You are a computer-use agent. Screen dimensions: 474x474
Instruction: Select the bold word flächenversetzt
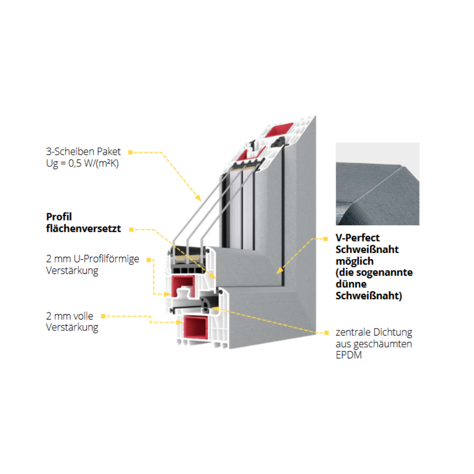pyautogui.click(x=83, y=229)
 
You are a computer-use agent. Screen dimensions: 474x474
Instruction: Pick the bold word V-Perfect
pyautogui.click(x=357, y=238)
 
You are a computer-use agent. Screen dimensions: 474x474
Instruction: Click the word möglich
pyautogui.click(x=355, y=261)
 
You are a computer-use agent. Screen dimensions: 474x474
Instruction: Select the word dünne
pyautogui.click(x=351, y=284)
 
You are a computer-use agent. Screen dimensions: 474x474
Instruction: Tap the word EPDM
pyautogui.click(x=348, y=355)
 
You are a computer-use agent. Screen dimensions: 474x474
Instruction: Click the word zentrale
pyautogui.click(x=353, y=332)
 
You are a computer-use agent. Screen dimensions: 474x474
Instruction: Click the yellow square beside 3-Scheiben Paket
pyautogui.click(x=130, y=152)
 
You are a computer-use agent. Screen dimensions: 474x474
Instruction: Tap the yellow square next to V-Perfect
pyautogui.click(x=326, y=238)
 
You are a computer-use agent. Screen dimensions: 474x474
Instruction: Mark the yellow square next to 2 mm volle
pyautogui.click(x=103, y=316)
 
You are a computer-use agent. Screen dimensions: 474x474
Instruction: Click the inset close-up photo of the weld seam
pyautogui.click(x=377, y=184)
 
